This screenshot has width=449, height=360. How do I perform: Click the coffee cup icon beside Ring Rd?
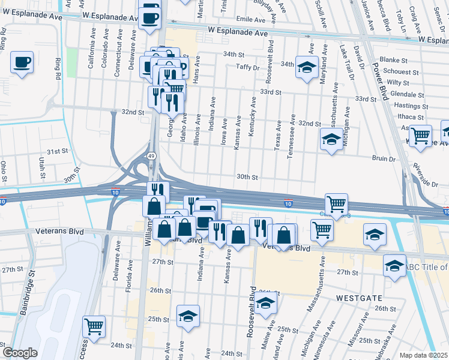(x=22, y=62)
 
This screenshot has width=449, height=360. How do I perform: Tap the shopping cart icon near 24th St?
(x=94, y=327)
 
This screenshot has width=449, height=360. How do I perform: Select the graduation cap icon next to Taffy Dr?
(x=307, y=68)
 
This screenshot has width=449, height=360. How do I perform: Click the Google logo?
(x=20, y=353)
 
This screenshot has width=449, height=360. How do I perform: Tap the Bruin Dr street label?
(x=384, y=159)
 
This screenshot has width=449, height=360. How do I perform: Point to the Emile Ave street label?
(x=251, y=19)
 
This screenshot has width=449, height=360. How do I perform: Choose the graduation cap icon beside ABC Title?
(x=394, y=265)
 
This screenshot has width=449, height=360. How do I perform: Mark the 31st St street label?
(x=59, y=151)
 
